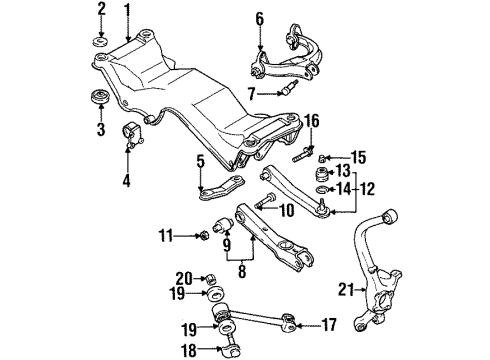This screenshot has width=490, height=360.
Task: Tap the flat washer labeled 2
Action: [x=100, y=42]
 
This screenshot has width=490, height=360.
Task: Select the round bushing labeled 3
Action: [x=100, y=96]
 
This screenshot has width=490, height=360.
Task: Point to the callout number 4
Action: [x=126, y=181]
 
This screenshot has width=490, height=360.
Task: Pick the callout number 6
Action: [x=260, y=19]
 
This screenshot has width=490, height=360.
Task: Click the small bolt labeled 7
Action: [x=288, y=88]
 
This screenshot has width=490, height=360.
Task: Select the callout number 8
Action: [x=242, y=271]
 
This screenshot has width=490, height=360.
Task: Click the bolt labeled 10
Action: [x=266, y=201]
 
